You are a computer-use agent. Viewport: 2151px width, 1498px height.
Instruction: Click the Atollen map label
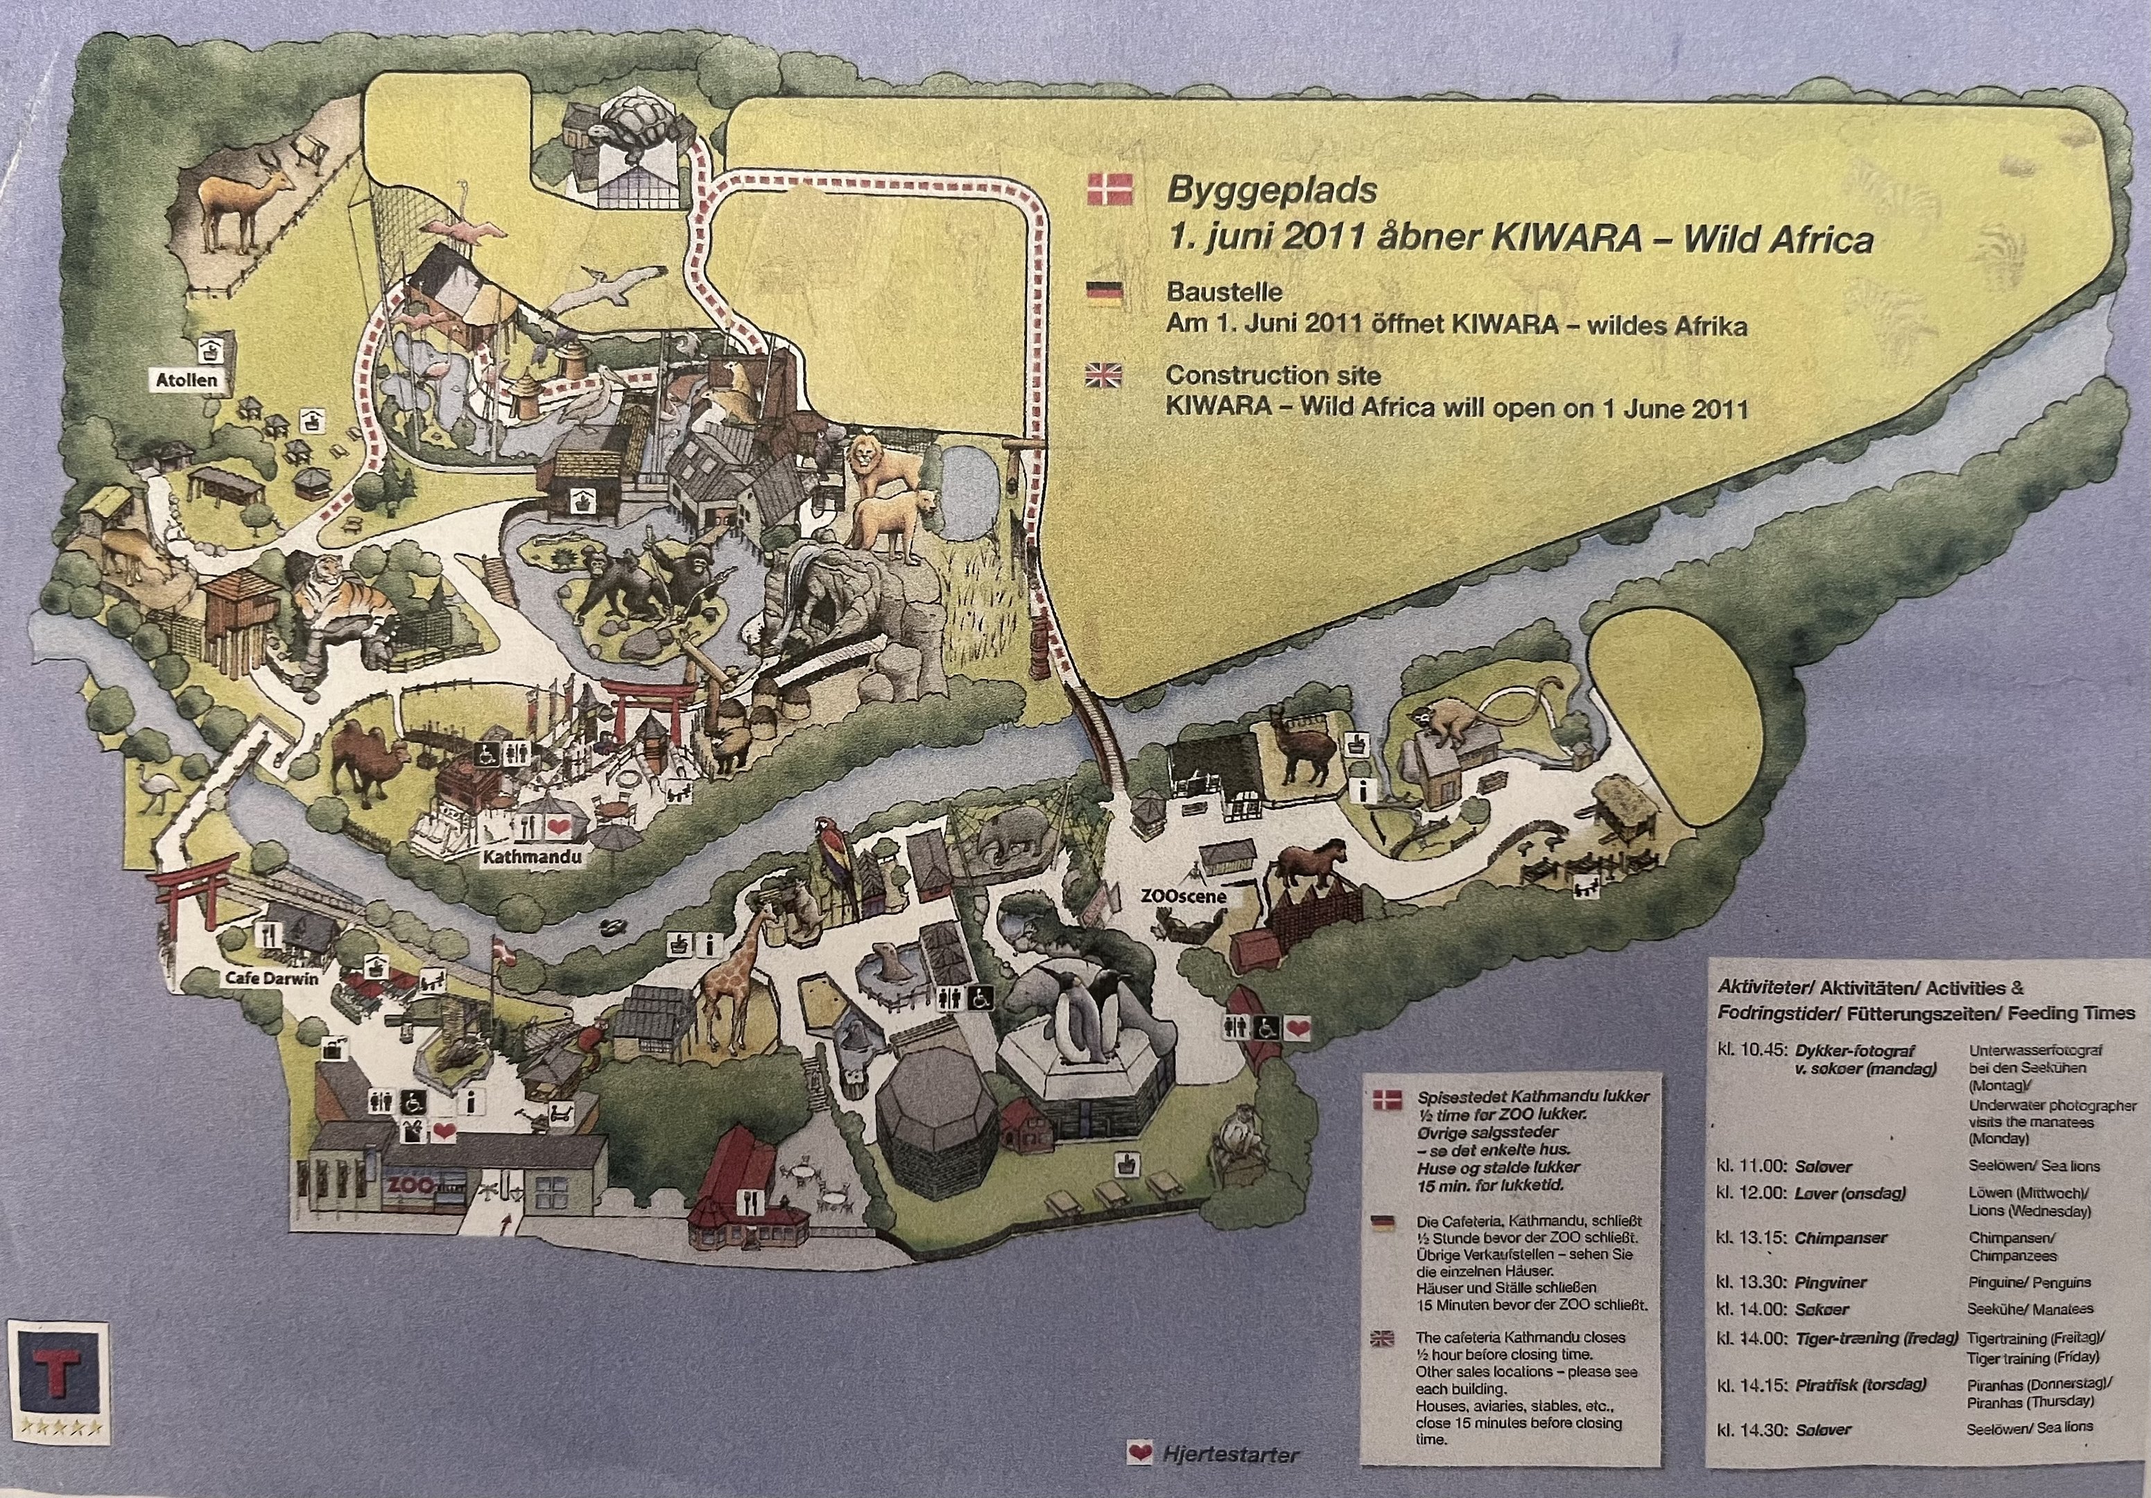187,380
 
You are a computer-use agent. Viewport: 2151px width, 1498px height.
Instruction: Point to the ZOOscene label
1183,895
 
